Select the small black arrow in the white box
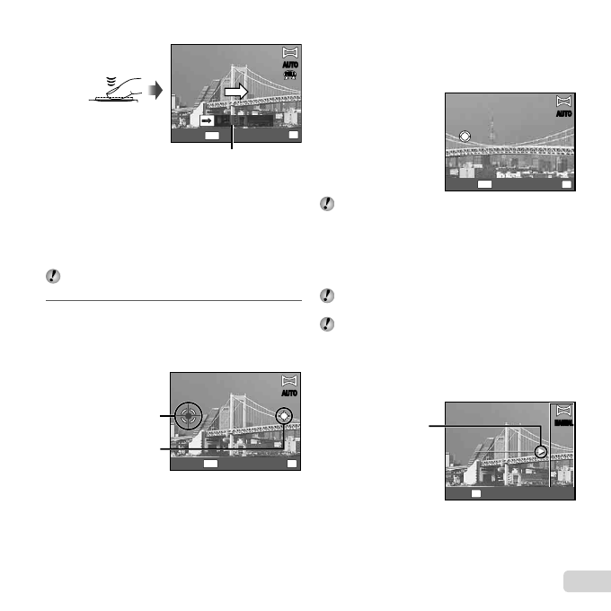[206, 119]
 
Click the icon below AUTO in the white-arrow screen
[289, 78]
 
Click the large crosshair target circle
[187, 415]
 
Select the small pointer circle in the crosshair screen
[284, 415]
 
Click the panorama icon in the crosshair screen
[289, 380]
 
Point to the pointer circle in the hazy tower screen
[465, 137]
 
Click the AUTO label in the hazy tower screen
[563, 115]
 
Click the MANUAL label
[563, 421]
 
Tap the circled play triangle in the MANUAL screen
[540, 451]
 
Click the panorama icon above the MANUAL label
[564, 409]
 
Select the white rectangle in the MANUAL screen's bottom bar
[477, 493]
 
